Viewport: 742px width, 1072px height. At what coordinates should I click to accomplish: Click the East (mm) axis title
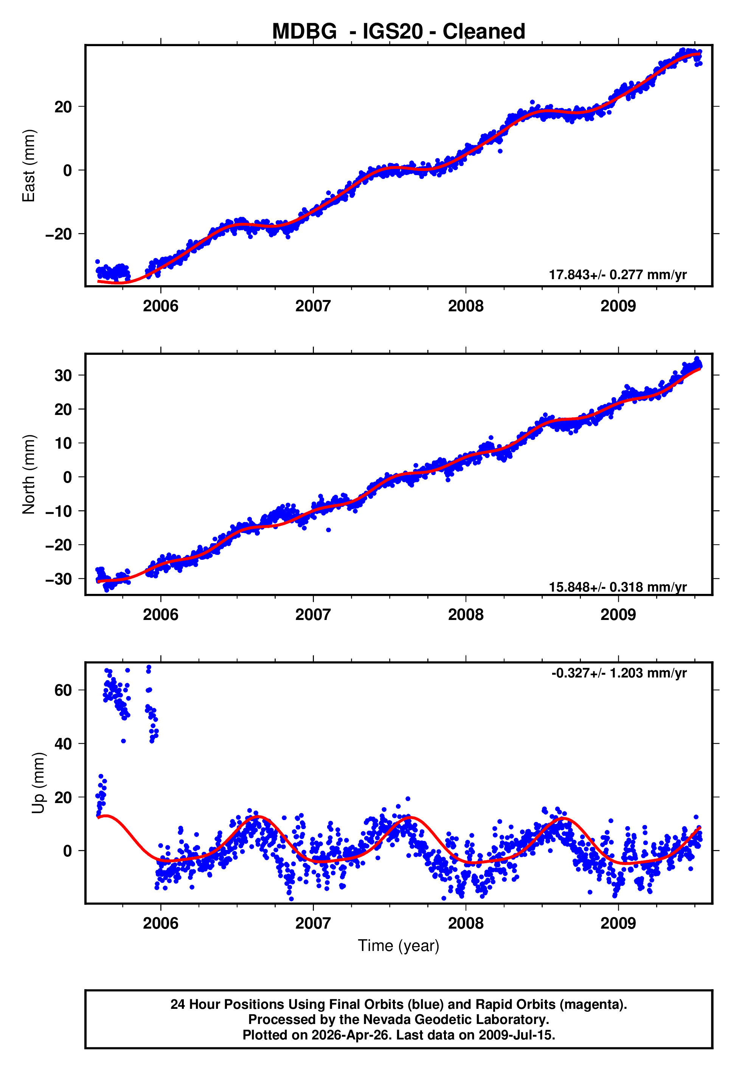[29, 166]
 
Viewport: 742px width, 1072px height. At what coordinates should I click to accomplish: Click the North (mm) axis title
[29, 474]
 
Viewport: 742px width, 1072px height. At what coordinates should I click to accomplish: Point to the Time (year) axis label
[399, 946]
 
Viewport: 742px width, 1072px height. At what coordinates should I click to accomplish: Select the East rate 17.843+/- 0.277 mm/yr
[618, 275]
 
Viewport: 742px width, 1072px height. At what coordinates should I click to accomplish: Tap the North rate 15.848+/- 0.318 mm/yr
[618, 587]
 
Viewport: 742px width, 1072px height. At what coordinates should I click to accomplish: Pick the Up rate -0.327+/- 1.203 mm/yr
[619, 673]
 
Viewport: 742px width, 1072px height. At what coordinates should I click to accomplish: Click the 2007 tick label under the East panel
[313, 306]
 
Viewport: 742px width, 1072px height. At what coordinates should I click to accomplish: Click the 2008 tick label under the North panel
[466, 615]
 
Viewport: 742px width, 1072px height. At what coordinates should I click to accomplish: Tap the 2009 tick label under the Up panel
[618, 923]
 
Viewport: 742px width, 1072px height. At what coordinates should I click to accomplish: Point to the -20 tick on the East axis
[59, 234]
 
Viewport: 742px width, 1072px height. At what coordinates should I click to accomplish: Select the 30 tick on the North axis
[63, 376]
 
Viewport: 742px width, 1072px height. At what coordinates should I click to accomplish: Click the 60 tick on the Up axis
[63, 690]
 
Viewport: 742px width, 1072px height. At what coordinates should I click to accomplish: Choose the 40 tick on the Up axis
[63, 744]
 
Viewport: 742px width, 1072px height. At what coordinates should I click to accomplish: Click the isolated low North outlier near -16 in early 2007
[328, 530]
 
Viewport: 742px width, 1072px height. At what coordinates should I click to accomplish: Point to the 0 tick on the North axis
[68, 477]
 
